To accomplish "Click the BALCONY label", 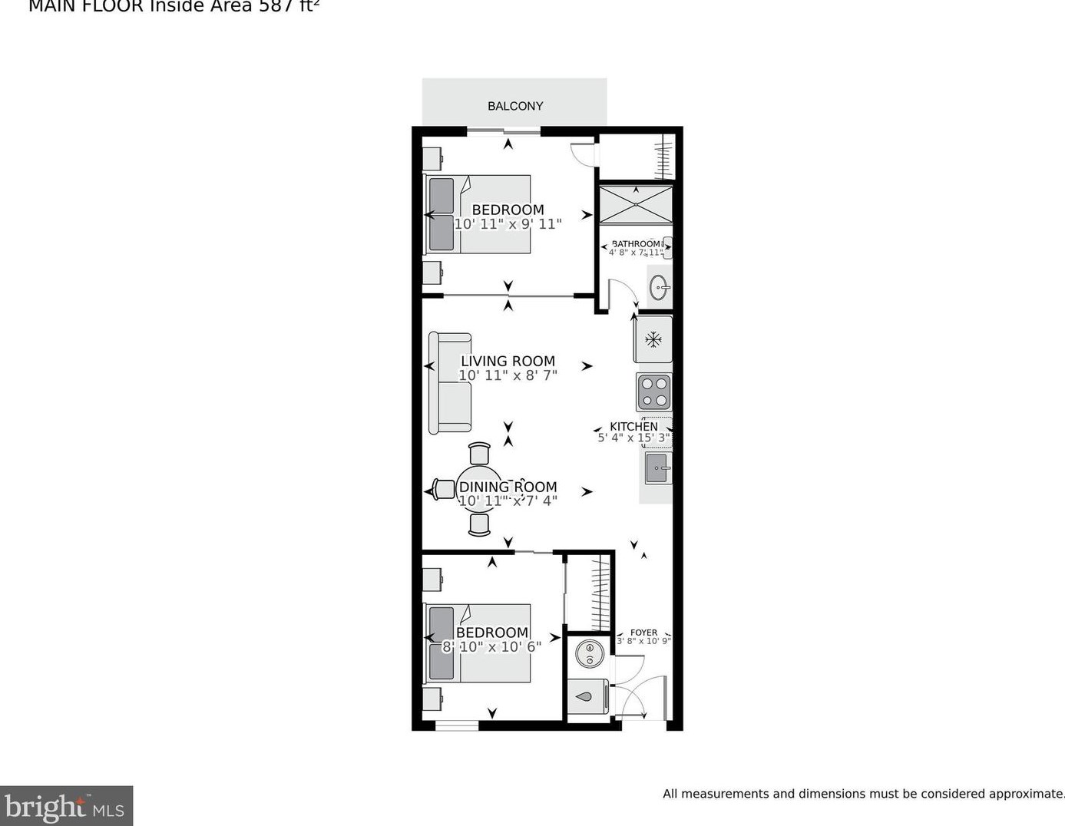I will coord(515,106).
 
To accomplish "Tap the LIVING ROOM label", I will coord(508,361).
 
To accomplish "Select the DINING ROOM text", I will coord(508,487).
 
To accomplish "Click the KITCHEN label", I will coord(633,426).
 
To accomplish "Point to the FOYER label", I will coord(643,633).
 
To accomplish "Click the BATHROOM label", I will coord(636,244).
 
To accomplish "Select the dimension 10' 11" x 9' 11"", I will coord(508,224).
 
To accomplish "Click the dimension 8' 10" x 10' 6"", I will coord(491,647).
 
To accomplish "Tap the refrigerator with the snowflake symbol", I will coord(653,339).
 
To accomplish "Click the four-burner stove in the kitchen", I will coord(653,392).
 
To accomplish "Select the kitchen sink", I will coord(658,468).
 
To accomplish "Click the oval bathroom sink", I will coord(660,288).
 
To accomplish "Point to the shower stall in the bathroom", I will coord(635,204).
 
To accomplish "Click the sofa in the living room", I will coord(450,382).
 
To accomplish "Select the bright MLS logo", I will coord(66,806).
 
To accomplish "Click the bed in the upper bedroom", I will coord(478,214).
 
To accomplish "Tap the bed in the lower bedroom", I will coord(478,643).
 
